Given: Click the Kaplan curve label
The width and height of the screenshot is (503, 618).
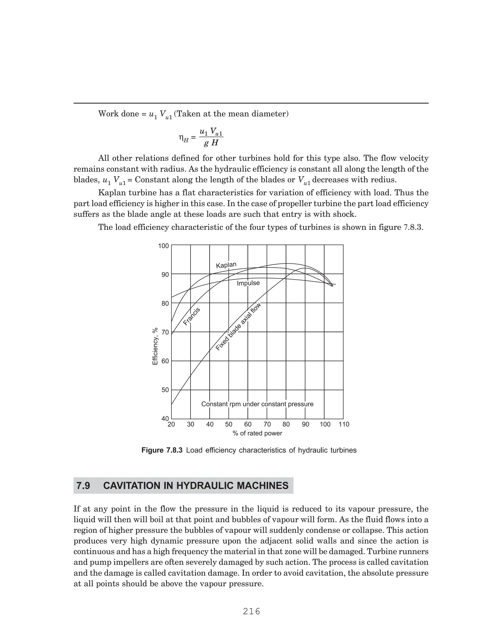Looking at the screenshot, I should click(x=226, y=265).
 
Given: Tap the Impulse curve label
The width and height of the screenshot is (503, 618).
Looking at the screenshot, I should click(x=248, y=283).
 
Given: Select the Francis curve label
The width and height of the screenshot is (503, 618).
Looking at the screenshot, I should click(x=192, y=316).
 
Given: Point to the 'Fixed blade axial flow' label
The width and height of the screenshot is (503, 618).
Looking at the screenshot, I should click(x=238, y=326).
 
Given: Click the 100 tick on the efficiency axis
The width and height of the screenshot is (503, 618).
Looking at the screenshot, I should click(x=163, y=246).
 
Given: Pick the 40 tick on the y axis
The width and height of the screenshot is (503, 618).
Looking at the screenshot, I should click(x=165, y=419).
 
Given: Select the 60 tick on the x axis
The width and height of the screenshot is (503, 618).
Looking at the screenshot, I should click(x=248, y=424).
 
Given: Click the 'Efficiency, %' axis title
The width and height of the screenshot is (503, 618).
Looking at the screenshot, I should click(x=155, y=346).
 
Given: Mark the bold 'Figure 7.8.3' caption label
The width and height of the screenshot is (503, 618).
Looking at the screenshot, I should click(x=162, y=450).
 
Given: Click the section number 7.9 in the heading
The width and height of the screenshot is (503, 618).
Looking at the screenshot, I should click(x=83, y=486).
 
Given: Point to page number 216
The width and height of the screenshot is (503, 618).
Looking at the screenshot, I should click(x=251, y=603).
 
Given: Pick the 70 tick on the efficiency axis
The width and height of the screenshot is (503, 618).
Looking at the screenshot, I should click(x=165, y=332).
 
